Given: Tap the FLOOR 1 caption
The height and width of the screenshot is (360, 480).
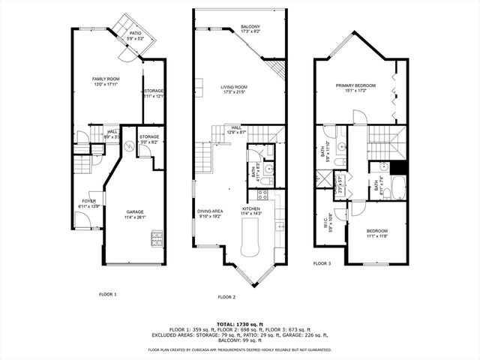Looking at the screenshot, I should tap(108, 294).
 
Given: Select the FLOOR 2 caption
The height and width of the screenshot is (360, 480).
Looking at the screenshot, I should tap(226, 297).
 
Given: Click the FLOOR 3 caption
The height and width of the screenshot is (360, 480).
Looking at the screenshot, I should tap(322, 263).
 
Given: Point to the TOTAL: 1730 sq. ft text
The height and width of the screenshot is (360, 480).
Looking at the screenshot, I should tap(239, 323).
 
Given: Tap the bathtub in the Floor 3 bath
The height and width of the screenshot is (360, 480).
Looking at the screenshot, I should tap(397, 187).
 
